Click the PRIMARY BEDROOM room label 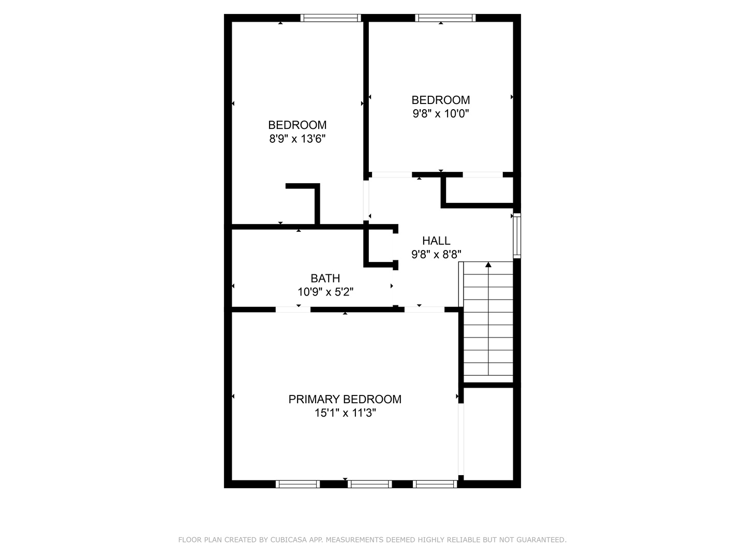(345, 399)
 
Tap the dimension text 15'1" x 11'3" (345, 413)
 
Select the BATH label (325, 278)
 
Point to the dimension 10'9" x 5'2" (325, 292)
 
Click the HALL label (436, 241)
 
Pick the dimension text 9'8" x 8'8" (436, 254)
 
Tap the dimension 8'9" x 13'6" (297, 139)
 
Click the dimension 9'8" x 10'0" (441, 113)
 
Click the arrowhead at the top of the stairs (488, 264)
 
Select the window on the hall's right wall (516, 236)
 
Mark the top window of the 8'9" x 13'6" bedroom (331, 18)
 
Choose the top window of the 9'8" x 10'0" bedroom (445, 18)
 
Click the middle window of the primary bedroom (369, 484)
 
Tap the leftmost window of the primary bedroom (297, 484)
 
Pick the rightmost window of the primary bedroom (435, 484)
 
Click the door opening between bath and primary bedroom (293, 310)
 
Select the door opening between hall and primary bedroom (424, 310)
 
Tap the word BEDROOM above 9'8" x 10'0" (441, 100)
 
